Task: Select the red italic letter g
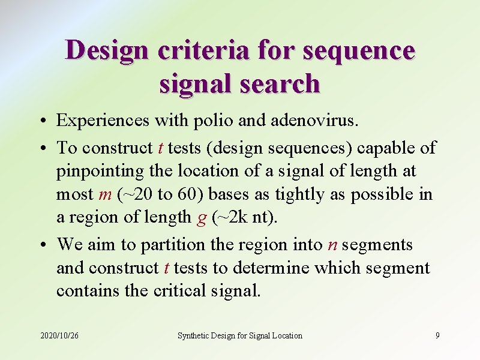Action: (x=202, y=218)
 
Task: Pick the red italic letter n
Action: (x=333, y=245)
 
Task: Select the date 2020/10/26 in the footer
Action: (x=59, y=335)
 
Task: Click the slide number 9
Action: (x=437, y=335)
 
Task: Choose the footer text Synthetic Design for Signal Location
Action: (x=239, y=335)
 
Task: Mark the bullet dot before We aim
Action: (x=46, y=245)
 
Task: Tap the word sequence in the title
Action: (x=359, y=50)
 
